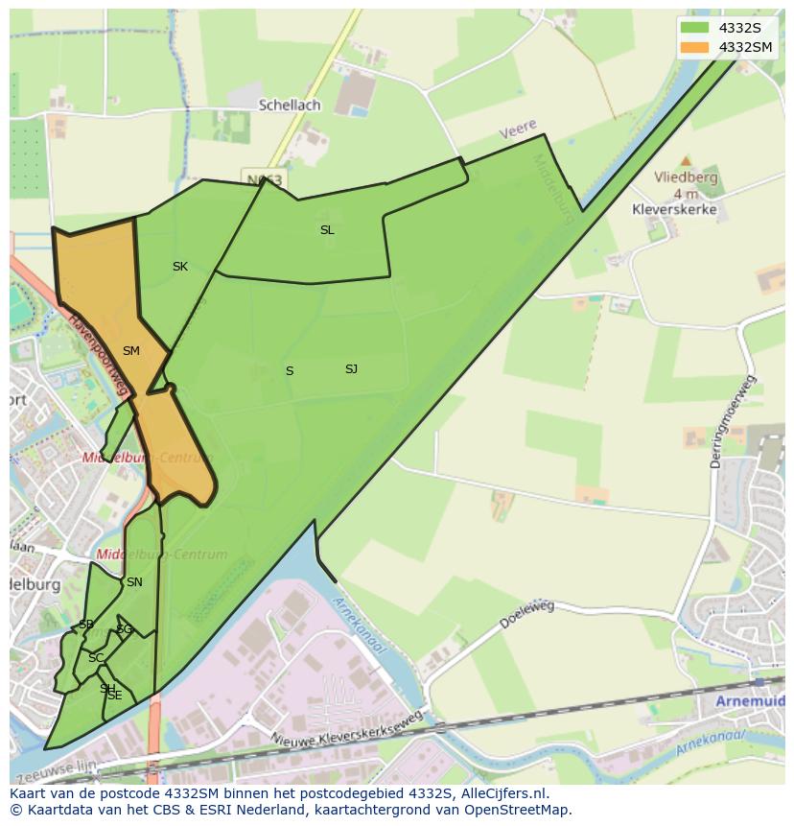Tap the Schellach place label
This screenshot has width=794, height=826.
tap(289, 105)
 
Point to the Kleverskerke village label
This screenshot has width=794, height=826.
tap(674, 209)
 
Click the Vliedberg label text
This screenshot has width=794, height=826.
tap(686, 177)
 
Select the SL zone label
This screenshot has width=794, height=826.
tap(327, 230)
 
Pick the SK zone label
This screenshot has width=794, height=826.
tap(180, 267)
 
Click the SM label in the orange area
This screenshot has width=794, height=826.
tap(131, 351)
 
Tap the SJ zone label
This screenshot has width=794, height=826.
tap(351, 369)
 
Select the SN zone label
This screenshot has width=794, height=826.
tap(134, 582)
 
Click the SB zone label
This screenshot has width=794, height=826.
tap(86, 625)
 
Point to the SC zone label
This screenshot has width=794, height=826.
tap(95, 658)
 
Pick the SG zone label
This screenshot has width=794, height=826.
tap(124, 629)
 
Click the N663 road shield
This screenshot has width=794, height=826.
tap(264, 179)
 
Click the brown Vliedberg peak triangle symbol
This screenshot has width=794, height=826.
tap(685, 161)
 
